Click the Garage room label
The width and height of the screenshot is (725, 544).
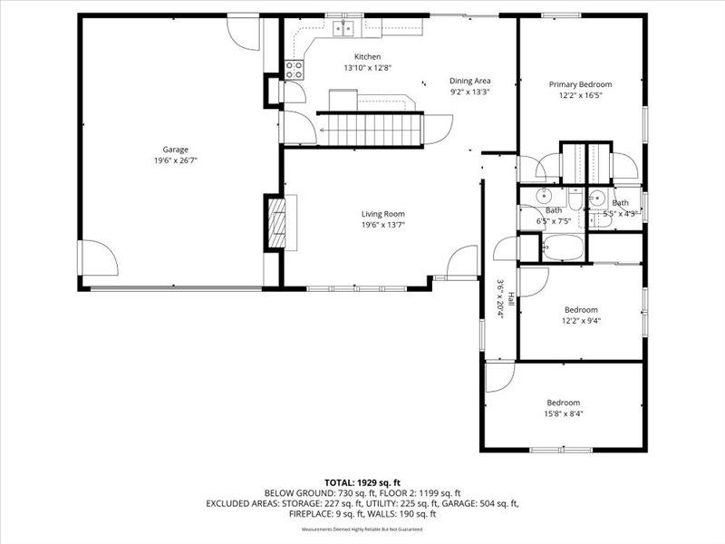(175, 149)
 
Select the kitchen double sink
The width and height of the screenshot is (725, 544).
(344, 29)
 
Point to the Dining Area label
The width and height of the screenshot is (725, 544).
(469, 81)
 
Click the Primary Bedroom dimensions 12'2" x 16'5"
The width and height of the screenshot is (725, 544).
(581, 95)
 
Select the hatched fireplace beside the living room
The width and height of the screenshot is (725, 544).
(275, 222)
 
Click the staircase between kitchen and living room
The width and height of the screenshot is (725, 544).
(370, 128)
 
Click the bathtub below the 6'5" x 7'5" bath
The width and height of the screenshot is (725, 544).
(562, 247)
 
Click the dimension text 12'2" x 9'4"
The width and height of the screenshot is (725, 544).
(581, 320)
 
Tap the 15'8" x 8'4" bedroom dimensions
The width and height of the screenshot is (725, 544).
(563, 414)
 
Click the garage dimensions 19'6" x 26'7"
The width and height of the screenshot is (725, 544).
(175, 160)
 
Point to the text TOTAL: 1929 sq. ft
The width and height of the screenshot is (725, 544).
(362, 481)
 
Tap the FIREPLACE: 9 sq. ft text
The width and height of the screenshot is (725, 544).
(331, 513)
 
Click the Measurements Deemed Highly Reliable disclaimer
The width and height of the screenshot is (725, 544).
(362, 529)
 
